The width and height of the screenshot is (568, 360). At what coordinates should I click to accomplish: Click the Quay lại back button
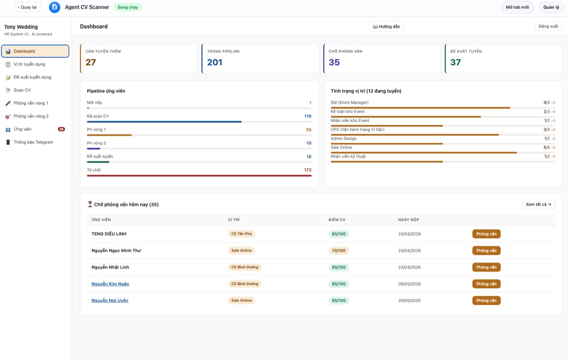tap(27, 7)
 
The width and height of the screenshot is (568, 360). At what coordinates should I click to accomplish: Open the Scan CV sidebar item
tap(22, 90)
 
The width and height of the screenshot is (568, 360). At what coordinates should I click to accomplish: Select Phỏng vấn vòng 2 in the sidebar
tap(31, 116)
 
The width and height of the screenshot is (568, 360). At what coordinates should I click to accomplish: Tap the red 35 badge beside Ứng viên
tap(62, 129)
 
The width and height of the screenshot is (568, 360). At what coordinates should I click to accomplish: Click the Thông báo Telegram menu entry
tap(33, 142)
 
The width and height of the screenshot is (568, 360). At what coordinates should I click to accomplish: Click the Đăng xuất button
tap(548, 27)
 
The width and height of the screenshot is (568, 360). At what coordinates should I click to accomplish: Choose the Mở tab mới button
tap(517, 7)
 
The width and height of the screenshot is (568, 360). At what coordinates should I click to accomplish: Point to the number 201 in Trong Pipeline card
tap(214, 62)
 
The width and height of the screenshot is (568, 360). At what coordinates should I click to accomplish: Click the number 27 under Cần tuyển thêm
tap(90, 62)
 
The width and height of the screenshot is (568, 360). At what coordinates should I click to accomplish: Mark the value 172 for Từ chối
tap(308, 170)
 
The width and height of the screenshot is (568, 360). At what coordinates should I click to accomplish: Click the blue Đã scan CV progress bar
tap(164, 122)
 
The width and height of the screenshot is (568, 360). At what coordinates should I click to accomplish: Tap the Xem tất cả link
tap(538, 204)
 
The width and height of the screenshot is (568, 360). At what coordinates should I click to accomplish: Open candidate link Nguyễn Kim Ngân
tap(110, 284)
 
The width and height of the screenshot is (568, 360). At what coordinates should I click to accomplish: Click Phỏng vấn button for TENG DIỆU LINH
tap(487, 234)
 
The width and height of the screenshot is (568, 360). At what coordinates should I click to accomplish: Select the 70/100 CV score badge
tap(338, 251)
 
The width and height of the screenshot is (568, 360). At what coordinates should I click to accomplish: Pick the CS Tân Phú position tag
tap(241, 234)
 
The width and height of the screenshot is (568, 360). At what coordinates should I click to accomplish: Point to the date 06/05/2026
tap(409, 284)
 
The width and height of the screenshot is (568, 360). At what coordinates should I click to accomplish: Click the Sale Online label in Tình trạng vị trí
tap(341, 147)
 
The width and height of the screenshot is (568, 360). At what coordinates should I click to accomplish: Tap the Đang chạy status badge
tap(128, 7)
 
